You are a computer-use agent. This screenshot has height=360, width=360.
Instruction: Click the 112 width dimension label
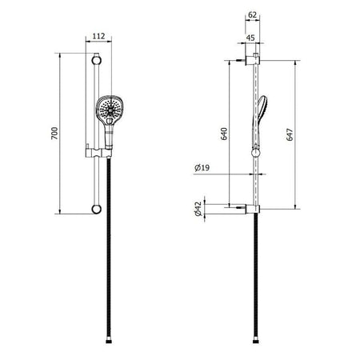(98, 36)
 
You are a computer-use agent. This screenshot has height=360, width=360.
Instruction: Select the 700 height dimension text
(54, 134)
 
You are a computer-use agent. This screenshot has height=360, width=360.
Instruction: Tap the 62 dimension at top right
(252, 15)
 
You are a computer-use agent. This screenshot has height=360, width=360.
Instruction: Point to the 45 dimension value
(250, 38)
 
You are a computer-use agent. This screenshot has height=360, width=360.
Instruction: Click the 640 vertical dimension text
(224, 134)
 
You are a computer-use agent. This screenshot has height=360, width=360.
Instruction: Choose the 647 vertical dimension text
(290, 134)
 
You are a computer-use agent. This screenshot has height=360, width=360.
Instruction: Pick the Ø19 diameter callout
(202, 168)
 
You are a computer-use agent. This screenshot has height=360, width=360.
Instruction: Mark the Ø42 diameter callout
(198, 209)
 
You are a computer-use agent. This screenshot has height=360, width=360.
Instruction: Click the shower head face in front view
(110, 109)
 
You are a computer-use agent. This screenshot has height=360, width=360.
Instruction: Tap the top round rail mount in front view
(96, 60)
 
